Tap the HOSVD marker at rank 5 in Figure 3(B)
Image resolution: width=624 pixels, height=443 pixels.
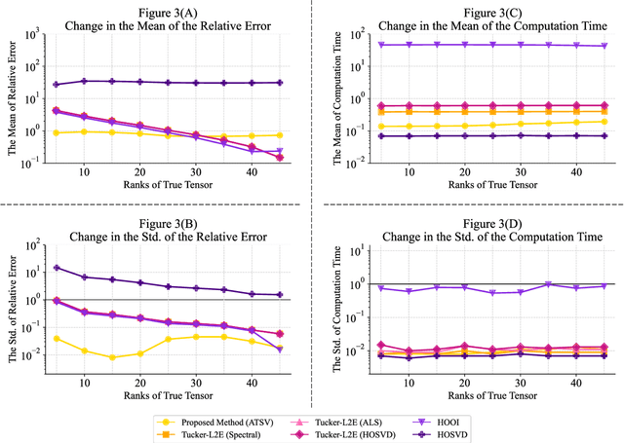coord(56,268)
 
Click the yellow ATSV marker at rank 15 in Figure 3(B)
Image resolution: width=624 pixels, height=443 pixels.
coord(112,357)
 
